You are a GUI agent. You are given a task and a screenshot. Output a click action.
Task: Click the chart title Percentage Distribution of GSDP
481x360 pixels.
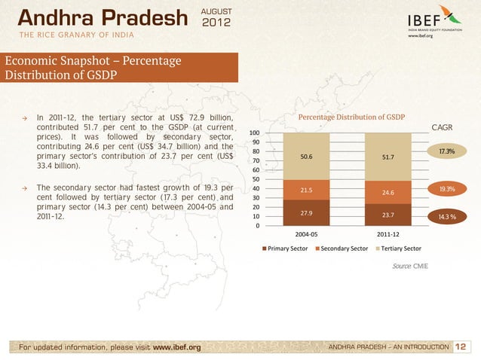tap(352, 117)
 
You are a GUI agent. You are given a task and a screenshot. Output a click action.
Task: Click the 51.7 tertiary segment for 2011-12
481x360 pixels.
tap(388, 157)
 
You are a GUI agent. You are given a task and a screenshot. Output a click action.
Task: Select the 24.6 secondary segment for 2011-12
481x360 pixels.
tap(388, 192)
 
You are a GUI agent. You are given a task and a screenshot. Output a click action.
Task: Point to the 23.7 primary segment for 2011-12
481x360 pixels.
tap(388, 215)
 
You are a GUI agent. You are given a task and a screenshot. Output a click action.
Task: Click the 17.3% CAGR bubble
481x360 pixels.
tap(446, 152)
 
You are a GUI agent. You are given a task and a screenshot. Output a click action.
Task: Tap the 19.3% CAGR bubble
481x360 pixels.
tap(446, 189)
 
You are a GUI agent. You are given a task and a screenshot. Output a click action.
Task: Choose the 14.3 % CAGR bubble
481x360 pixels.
tap(446, 217)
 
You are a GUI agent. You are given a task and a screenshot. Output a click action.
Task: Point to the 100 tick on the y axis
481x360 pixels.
tap(256, 134)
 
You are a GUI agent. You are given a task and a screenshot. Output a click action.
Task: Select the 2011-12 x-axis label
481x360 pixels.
tap(388, 234)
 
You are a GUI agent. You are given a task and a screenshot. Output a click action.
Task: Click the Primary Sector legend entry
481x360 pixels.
tap(286, 248)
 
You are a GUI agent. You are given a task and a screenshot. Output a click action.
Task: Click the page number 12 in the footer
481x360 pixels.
tap(461, 346)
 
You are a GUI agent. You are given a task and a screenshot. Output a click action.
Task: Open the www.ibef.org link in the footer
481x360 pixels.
tap(176, 347)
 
